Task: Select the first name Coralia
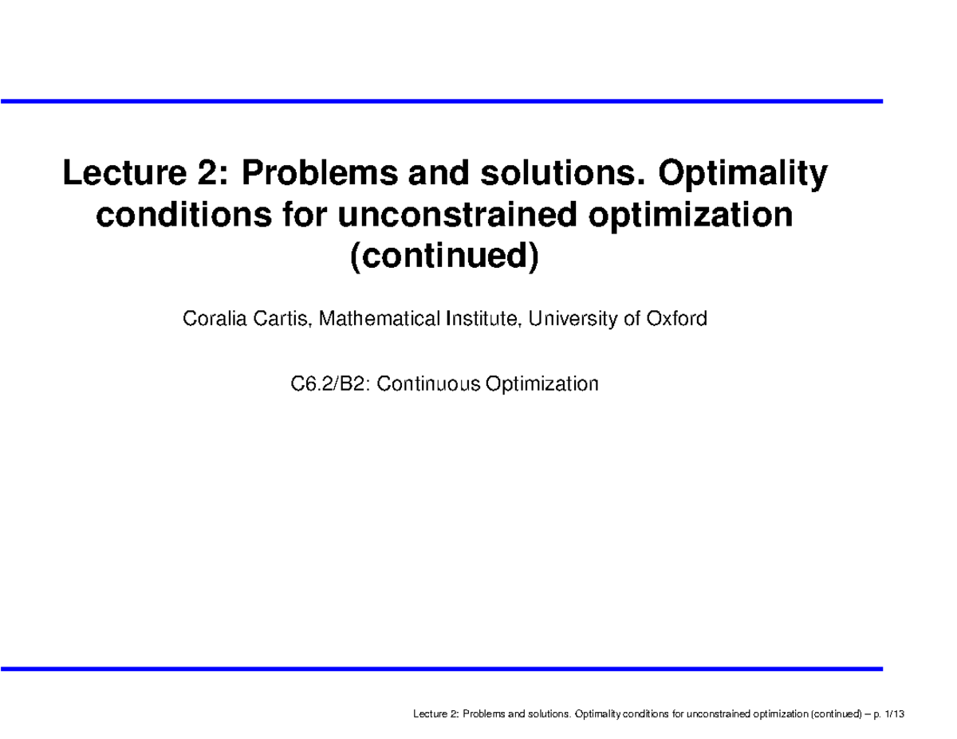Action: pyautogui.click(x=210, y=320)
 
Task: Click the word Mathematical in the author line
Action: pyautogui.click(x=367, y=320)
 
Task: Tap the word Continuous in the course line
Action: pyautogui.click(x=430, y=384)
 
